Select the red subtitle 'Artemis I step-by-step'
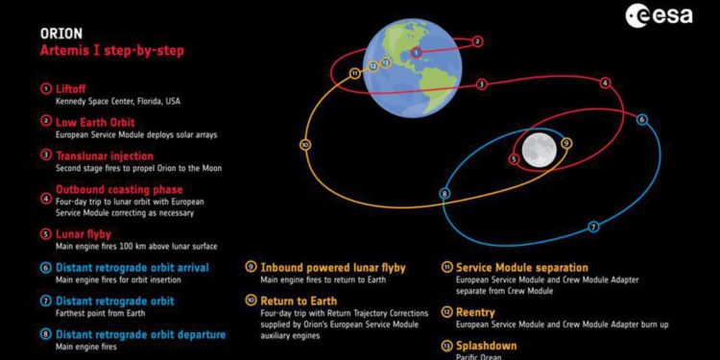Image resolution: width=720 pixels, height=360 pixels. point(112,51)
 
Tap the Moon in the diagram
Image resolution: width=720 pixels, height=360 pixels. point(540,149)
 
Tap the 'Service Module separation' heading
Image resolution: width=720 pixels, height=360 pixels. point(521,268)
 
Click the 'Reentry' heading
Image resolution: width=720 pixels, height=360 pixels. point(475,312)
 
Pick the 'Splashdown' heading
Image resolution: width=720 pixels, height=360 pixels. point(487,346)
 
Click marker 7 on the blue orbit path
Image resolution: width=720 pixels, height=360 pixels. point(593,227)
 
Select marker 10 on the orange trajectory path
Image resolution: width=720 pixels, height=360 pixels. point(304,145)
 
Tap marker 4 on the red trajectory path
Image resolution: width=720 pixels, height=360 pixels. point(605,84)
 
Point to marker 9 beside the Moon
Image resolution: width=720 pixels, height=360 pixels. point(566,143)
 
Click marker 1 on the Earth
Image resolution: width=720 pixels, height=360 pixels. point(416,52)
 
